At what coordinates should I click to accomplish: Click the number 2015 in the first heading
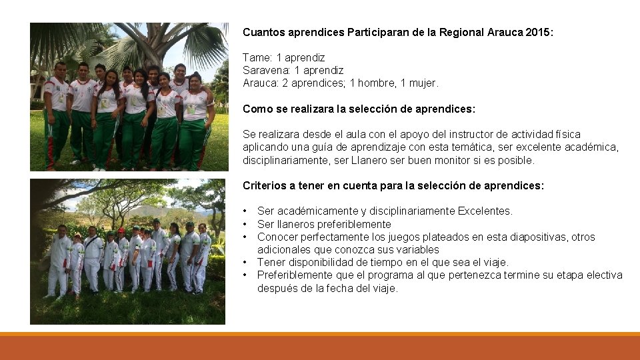click(539, 32)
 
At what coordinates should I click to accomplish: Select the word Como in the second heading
click(256, 109)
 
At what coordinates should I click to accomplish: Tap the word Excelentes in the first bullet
click(485, 211)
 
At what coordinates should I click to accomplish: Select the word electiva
click(603, 275)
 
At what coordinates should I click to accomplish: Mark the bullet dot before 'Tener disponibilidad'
click(246, 262)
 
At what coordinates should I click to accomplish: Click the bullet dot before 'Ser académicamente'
click(246, 211)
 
